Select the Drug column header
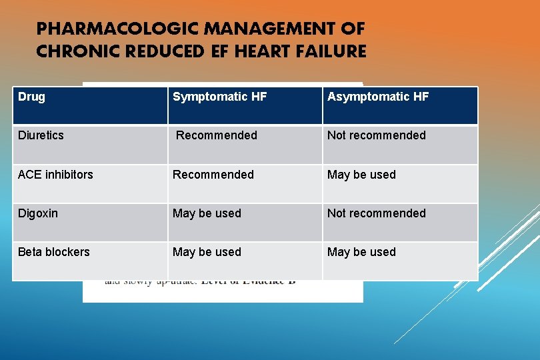click(x=31, y=97)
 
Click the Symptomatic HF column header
click(x=219, y=97)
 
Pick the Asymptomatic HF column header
click(x=377, y=97)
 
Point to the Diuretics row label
click(x=41, y=135)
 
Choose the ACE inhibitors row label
click(x=55, y=175)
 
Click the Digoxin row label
click(x=38, y=213)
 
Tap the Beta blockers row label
click(x=53, y=252)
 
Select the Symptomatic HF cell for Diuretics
click(x=216, y=135)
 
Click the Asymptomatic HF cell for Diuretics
click(x=376, y=135)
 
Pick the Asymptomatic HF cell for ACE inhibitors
click(x=361, y=175)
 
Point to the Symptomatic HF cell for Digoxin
click(x=207, y=213)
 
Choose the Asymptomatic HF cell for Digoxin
click(x=376, y=213)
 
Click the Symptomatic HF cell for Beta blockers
click(x=207, y=252)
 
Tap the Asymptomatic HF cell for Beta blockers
click(x=361, y=252)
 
